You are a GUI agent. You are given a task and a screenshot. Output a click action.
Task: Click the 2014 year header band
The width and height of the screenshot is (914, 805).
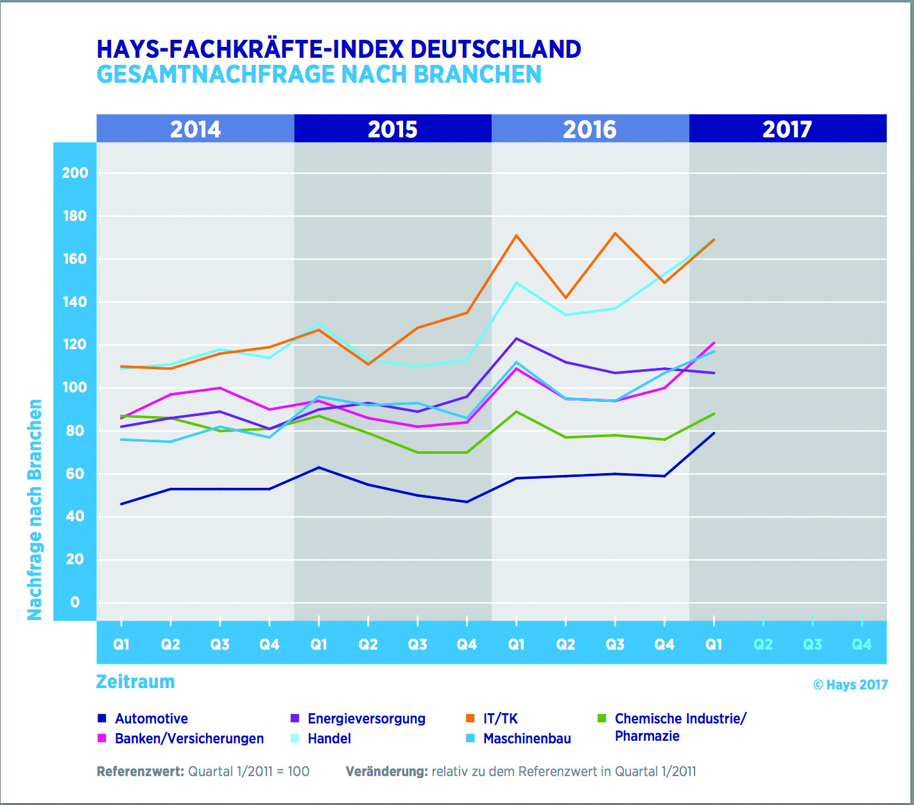tap(196, 129)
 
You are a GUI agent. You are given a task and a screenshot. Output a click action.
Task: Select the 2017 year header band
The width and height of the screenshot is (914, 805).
tap(788, 129)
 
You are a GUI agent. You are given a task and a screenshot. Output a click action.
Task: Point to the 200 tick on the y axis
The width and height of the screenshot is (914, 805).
tap(75, 173)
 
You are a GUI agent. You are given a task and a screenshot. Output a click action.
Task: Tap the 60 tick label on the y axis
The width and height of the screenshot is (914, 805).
tap(75, 474)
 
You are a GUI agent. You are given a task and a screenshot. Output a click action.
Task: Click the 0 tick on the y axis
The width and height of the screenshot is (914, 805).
tap(75, 602)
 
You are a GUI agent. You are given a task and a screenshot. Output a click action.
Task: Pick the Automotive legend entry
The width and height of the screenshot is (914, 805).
tap(151, 718)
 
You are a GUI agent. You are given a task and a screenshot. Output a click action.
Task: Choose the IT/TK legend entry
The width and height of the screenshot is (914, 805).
tap(500, 718)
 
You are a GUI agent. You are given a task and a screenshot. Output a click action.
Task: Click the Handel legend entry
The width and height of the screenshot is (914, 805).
tap(329, 738)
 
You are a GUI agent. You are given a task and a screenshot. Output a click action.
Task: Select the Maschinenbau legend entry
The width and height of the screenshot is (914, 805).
tap(526, 738)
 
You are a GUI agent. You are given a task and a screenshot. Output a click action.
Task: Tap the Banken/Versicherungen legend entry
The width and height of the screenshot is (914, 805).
tap(189, 738)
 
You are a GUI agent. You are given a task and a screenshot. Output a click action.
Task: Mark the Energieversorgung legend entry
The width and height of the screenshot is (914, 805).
tap(366, 718)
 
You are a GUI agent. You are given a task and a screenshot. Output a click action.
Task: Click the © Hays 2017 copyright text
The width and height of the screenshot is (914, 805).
tap(850, 685)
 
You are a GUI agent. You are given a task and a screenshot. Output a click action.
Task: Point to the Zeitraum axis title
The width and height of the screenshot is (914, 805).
tap(135, 682)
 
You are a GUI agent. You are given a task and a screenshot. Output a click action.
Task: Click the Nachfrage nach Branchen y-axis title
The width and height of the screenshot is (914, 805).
tap(35, 510)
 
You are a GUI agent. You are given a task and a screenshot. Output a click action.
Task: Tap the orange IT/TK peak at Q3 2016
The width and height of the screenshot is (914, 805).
tap(615, 233)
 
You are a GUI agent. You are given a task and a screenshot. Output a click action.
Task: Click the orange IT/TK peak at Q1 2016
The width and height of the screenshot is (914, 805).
tap(516, 236)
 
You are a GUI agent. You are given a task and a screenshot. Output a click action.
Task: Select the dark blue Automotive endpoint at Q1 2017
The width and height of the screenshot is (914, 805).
tap(714, 433)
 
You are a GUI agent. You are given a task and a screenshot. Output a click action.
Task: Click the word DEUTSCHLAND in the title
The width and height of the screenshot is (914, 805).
tap(496, 49)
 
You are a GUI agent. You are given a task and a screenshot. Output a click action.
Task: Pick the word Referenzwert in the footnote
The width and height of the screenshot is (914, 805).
tap(140, 772)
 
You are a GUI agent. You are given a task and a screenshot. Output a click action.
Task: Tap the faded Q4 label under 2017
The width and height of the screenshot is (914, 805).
tap(861, 644)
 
